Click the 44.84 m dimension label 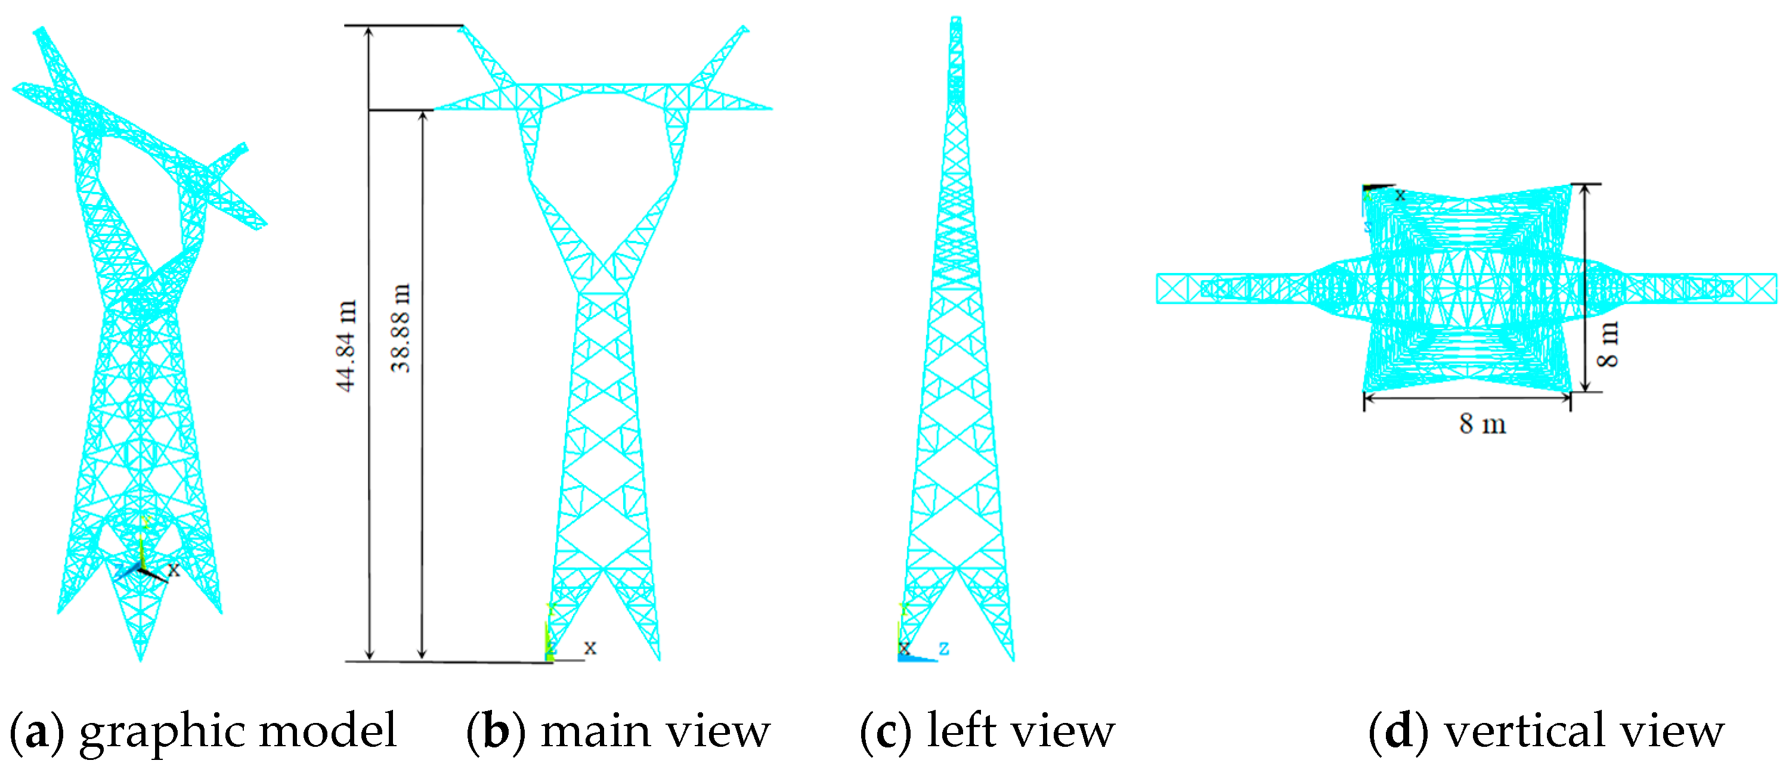click(346, 346)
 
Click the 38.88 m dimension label click(401, 328)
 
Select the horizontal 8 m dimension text click(1482, 424)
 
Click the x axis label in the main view click(590, 647)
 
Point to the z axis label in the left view click(944, 648)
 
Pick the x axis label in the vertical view click(1400, 195)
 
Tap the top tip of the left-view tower click(956, 19)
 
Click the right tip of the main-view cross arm click(771, 108)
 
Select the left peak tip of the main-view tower click(462, 28)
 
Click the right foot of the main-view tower click(658, 659)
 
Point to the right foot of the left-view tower click(1013, 659)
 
